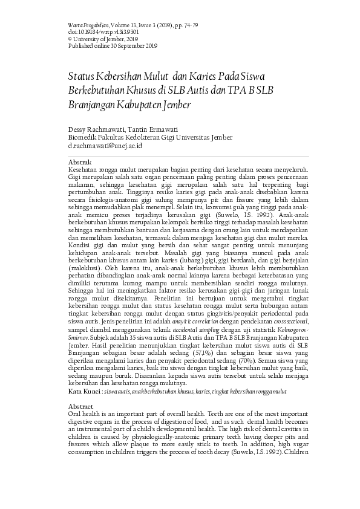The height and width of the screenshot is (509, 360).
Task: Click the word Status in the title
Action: click(x=85, y=77)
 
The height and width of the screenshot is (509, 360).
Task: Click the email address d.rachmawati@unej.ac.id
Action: click(x=105, y=146)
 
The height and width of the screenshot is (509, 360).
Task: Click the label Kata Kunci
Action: click(x=84, y=392)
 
